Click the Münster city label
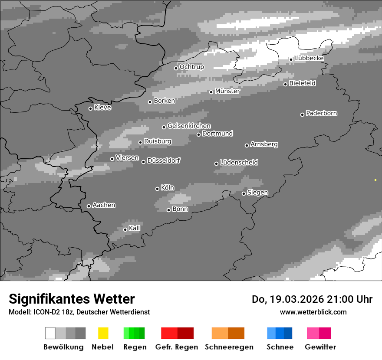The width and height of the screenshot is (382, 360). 227,91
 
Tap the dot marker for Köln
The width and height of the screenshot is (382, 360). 157,189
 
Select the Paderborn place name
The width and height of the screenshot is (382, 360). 322,114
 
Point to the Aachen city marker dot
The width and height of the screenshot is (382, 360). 89,206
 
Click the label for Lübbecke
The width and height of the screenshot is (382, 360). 310,59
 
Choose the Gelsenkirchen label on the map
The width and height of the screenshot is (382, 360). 189,126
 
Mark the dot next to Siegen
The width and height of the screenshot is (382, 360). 244,193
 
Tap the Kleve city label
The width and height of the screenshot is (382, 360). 102,108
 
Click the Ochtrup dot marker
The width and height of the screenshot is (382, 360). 176,68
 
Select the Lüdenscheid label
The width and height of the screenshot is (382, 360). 239,163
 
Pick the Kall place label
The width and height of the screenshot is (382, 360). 135,228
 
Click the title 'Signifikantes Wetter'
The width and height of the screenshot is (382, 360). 72,299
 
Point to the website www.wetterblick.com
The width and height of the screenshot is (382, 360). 313,312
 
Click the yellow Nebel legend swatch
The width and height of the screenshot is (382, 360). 103,333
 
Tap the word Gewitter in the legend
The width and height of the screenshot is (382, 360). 320,347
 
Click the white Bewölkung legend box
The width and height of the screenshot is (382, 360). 50,333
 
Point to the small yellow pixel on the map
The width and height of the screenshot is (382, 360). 375,180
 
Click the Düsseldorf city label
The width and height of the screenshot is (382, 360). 164,160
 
